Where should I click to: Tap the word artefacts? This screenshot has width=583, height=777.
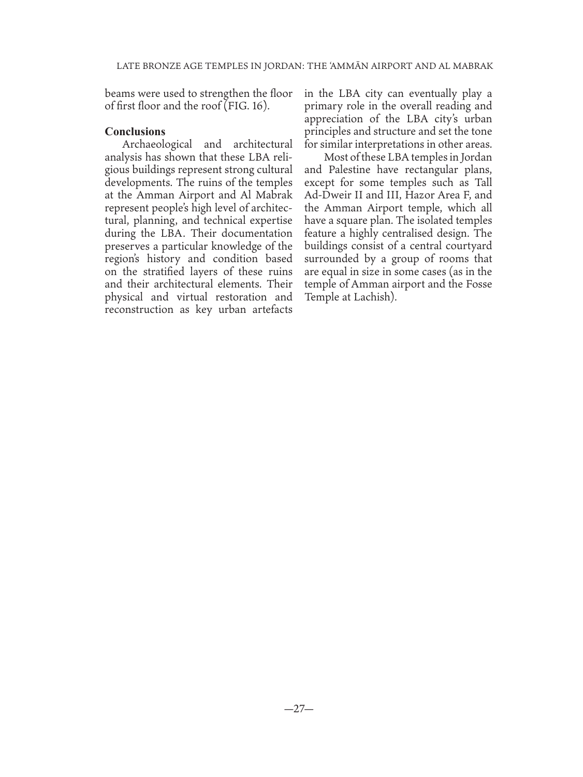(267, 310)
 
